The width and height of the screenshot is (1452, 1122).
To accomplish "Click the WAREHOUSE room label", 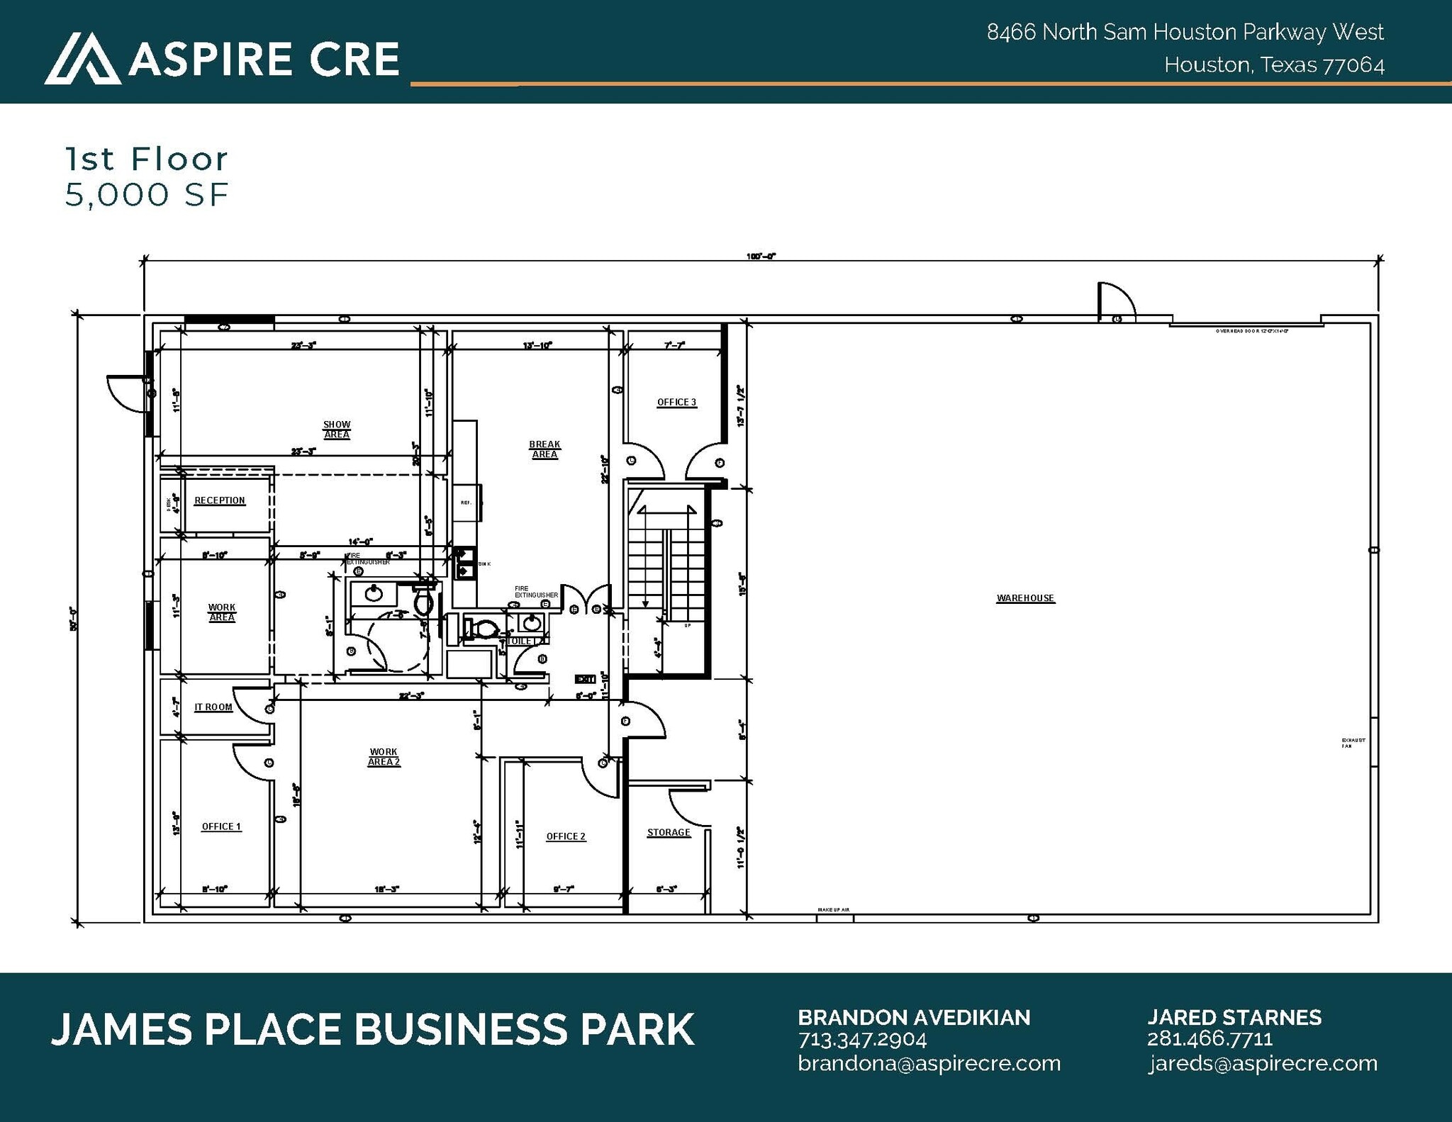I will click(x=1025, y=598).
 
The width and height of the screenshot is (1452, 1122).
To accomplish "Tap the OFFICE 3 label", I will click(x=676, y=402).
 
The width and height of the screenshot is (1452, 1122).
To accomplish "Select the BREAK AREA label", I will click(x=544, y=449).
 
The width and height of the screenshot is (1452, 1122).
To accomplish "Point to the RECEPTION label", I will click(x=220, y=500).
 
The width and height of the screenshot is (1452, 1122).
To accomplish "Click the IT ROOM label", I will click(x=213, y=707).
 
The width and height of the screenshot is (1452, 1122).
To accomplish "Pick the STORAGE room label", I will click(x=669, y=832).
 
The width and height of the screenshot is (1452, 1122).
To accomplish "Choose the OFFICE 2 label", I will click(x=566, y=836).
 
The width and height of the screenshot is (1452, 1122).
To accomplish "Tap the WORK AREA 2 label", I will click(x=384, y=757).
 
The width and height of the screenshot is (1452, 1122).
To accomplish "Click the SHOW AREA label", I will click(x=337, y=430).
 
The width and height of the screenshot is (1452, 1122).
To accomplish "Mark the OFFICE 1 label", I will click(x=221, y=826).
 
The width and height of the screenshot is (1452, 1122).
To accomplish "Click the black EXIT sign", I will click(x=585, y=679).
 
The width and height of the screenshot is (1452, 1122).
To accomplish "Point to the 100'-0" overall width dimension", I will click(x=761, y=257).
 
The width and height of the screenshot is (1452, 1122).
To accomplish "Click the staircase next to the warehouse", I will click(x=666, y=560).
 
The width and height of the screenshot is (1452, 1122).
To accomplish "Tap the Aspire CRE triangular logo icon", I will click(x=82, y=58).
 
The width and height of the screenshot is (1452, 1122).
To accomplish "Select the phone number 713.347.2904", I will click(x=862, y=1040).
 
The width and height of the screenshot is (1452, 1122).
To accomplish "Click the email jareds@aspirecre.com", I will click(x=1263, y=1063).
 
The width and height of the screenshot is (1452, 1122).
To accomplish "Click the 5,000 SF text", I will click(x=147, y=195).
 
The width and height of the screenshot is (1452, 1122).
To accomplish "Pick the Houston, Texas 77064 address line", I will click(x=1274, y=65).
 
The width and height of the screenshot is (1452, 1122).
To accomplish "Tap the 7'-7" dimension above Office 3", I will click(x=674, y=345).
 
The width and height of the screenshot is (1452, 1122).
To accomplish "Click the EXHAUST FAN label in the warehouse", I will click(x=1353, y=743).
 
